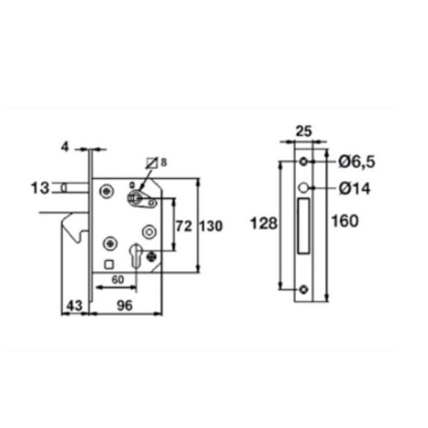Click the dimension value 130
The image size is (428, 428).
click(211, 226)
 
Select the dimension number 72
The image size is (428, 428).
click(184, 226)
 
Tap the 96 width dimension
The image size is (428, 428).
click(125, 305)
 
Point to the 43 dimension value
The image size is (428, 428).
click(74, 305)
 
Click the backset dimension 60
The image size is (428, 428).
click(118, 280)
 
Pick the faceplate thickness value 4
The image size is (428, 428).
click(65, 147)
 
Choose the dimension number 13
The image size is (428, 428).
click(40, 188)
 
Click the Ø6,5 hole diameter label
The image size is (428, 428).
click(357, 162)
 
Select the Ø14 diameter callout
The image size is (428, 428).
click(355, 188)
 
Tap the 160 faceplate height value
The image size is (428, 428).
click(345, 221)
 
